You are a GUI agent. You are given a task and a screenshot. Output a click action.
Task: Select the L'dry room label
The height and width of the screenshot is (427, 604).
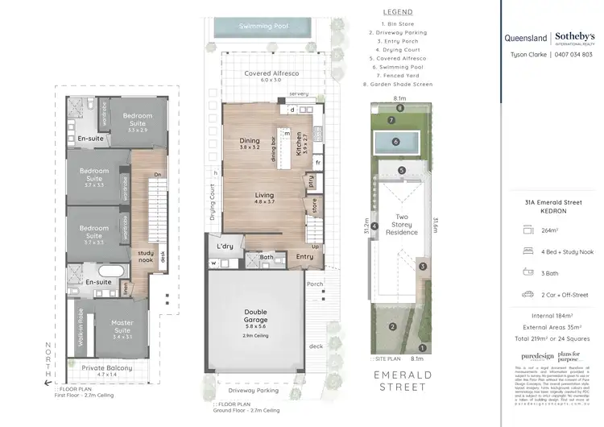(x=225, y=246)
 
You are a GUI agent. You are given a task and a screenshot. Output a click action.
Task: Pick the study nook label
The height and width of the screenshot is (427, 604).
(x=145, y=256)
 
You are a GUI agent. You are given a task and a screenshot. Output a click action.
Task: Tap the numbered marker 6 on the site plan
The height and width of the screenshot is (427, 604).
(x=396, y=141)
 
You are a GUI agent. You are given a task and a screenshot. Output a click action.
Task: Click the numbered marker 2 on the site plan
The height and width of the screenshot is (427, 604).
(x=392, y=326)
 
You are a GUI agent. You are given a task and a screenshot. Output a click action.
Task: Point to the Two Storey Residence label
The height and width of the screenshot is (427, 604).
(x=402, y=224)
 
